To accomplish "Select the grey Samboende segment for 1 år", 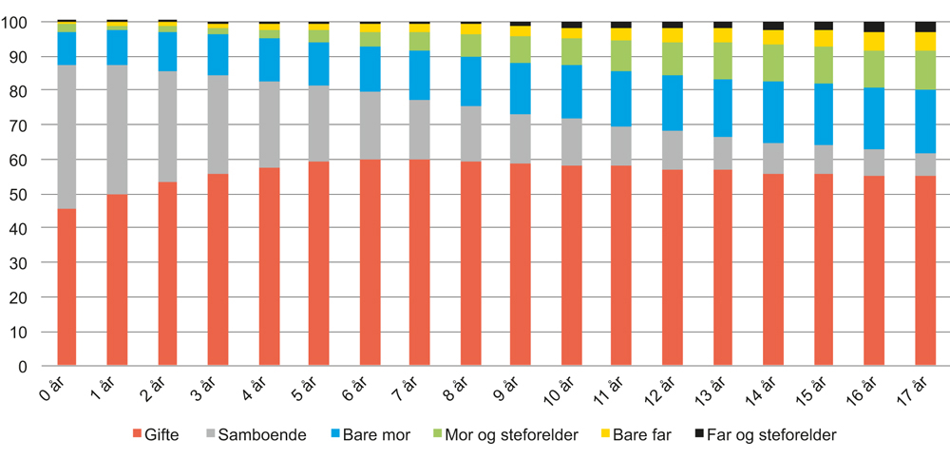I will point(117,129).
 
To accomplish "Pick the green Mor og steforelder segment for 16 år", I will point(874,68).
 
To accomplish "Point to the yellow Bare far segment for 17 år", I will point(924,41).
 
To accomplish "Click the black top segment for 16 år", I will point(874,27).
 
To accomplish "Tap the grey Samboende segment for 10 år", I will point(571,143).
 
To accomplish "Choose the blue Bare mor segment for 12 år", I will point(672,103).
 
